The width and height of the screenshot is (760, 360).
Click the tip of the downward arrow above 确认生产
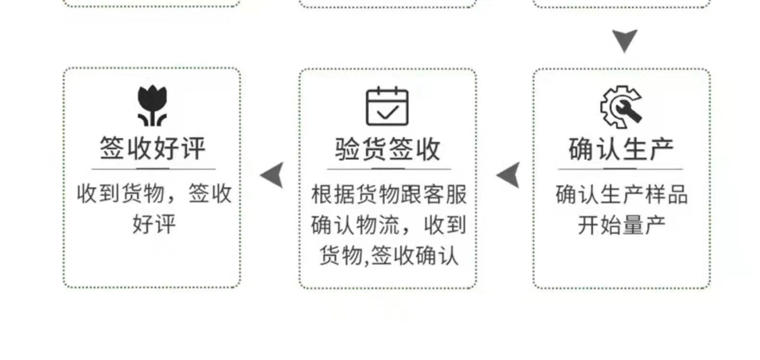[625, 52]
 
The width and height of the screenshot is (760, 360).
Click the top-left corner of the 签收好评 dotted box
[64, 68]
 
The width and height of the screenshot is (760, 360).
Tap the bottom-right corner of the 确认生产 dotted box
[710, 288]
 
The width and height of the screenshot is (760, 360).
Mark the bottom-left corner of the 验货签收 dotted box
[300, 288]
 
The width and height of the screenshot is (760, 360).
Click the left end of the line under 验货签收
[328, 169]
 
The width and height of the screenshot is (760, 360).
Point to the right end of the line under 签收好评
[216, 169]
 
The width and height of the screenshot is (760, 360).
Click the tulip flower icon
[152, 105]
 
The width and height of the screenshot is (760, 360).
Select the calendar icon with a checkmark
[387, 106]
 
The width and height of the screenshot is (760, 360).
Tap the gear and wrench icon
[621, 107]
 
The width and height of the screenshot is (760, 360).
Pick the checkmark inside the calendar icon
[388, 113]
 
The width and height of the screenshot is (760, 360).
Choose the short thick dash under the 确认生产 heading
[620, 169]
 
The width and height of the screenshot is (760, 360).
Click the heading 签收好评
[152, 148]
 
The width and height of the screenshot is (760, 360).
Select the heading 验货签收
[388, 149]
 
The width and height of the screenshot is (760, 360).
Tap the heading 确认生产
[621, 149]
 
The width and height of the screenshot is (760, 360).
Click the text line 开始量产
[621, 225]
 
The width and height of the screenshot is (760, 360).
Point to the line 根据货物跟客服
[389, 194]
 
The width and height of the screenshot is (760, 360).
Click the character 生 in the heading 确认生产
[634, 149]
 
